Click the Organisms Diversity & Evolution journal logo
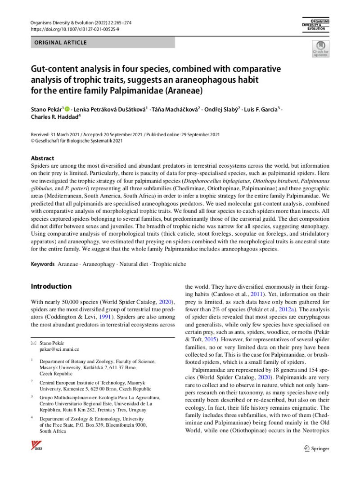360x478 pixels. [x=316, y=25]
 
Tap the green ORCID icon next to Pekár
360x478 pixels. [x=67, y=109]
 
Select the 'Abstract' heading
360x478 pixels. [x=42, y=158]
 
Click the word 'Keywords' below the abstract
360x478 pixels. [x=43, y=264]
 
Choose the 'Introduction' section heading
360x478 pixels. [x=51, y=286]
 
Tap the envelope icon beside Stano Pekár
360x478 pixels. [x=33, y=343]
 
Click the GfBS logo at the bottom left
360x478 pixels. [x=36, y=446]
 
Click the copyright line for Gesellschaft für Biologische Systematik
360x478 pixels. [x=76, y=140]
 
